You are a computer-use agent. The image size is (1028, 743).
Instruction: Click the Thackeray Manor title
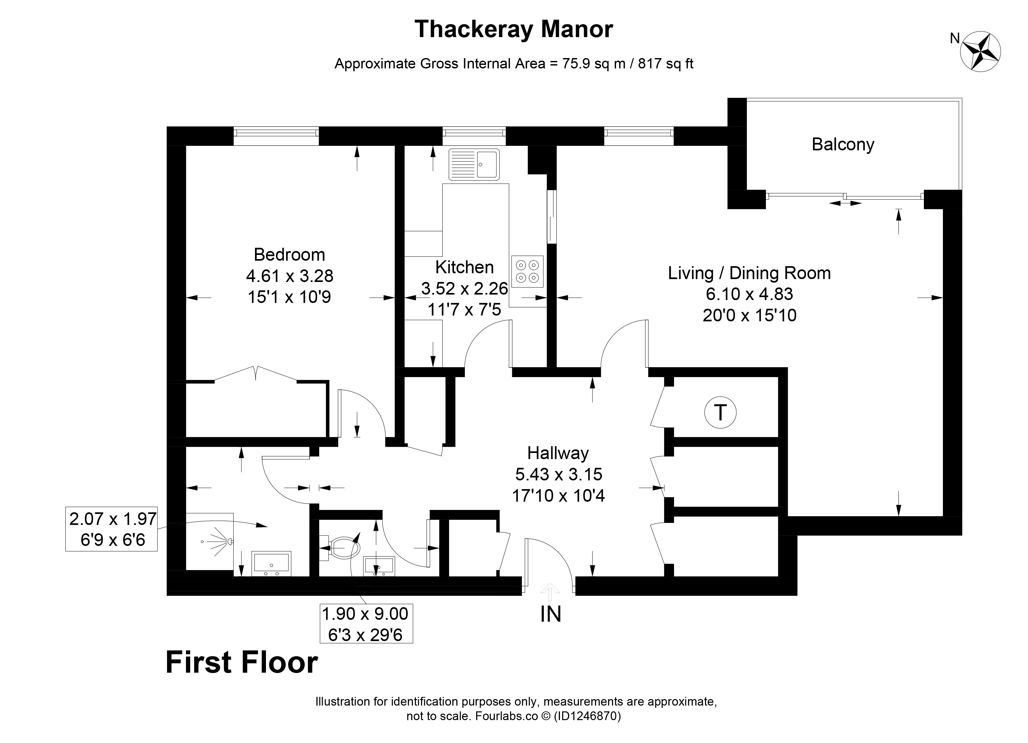[x=514, y=29]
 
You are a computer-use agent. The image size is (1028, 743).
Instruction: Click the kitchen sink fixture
[x=474, y=164]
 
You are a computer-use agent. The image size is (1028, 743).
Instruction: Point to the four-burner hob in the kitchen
[x=527, y=271]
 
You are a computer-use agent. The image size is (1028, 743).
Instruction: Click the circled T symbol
[x=720, y=413]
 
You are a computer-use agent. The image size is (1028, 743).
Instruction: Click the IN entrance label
[x=551, y=614]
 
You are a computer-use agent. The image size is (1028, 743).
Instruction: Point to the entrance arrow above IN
[x=550, y=589]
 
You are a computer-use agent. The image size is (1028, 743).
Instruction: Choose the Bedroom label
[x=289, y=255]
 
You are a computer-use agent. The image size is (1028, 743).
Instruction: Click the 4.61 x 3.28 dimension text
[x=289, y=276]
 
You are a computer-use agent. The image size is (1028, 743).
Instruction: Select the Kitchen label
[x=464, y=268]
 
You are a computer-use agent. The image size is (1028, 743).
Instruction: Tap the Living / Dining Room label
[x=749, y=273]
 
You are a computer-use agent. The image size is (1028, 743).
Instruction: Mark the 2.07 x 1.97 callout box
[x=112, y=529]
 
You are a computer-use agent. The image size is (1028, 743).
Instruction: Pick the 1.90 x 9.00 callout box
[x=366, y=623]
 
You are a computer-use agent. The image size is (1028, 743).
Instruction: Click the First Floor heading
[x=241, y=663]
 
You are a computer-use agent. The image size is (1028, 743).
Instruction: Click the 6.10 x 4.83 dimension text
[x=749, y=294]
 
